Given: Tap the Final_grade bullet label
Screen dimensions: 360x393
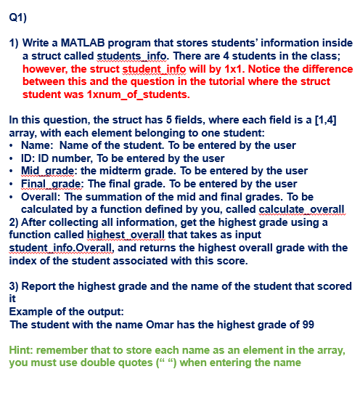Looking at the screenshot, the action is coord(47,184).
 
